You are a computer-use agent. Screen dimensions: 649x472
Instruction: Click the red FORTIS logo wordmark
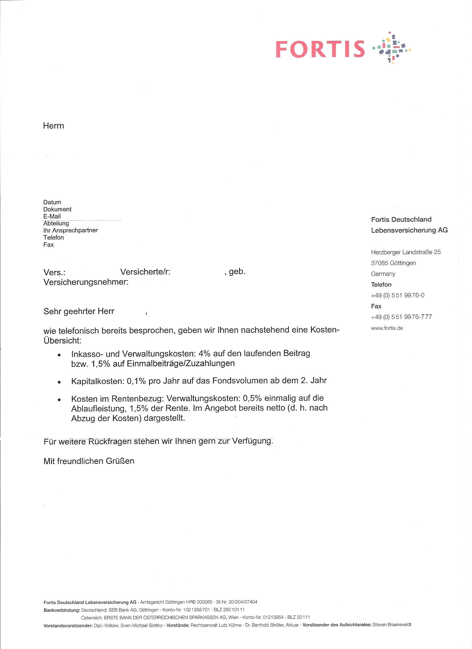tap(320, 49)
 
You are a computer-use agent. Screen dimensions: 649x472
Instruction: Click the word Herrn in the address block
tap(54, 126)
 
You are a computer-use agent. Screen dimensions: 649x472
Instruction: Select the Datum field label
tap(52, 202)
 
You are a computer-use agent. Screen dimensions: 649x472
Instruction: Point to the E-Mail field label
tap(52, 216)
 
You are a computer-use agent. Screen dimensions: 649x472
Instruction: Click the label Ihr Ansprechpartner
tap(71, 230)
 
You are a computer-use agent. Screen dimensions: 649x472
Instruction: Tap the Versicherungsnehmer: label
tap(86, 282)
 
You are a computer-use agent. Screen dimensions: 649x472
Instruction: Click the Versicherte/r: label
tap(145, 272)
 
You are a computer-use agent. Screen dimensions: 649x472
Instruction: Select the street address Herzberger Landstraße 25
tap(406, 252)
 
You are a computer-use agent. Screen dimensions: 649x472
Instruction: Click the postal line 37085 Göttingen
tap(393, 263)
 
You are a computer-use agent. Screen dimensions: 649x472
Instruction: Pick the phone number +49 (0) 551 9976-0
tap(398, 295)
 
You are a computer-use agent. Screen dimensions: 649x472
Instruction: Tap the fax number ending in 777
tap(401, 317)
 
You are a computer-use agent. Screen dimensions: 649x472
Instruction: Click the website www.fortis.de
tap(387, 328)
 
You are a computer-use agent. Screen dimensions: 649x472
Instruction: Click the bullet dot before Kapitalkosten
tap(59, 382)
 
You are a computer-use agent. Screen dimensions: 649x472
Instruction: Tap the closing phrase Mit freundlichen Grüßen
tap(89, 461)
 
